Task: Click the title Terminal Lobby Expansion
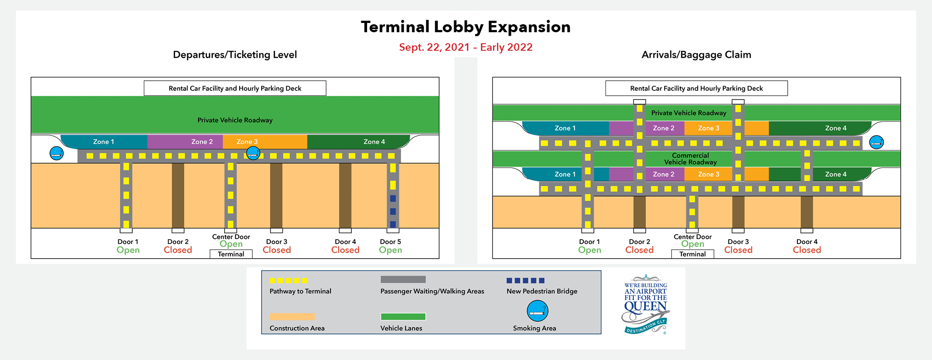(466, 27)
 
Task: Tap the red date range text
(466, 47)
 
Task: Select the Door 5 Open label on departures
(391, 246)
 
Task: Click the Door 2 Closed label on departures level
(178, 246)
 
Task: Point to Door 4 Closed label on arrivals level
(807, 246)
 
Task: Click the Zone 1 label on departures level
(104, 142)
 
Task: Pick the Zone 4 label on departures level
(374, 142)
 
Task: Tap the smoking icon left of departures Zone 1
(56, 153)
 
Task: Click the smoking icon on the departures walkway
(253, 153)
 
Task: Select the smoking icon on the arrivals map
(876, 142)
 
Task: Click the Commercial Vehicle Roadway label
(690, 159)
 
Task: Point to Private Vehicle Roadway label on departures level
(235, 120)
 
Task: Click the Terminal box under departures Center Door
(231, 254)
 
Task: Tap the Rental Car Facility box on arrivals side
(696, 88)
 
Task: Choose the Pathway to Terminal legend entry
(300, 291)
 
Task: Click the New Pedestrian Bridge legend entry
(542, 291)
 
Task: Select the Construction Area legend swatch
(292, 317)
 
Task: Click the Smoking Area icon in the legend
(537, 311)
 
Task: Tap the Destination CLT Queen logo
(646, 304)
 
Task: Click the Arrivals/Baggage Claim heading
(696, 55)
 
